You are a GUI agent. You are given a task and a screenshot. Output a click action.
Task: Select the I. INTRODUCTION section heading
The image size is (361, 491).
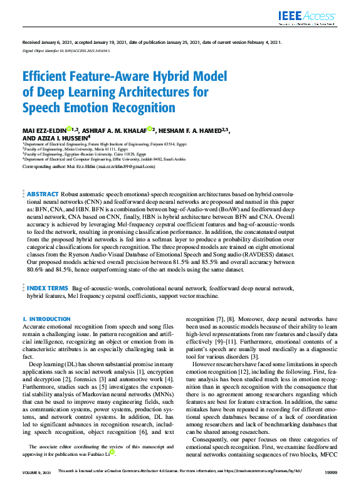tap(46, 319)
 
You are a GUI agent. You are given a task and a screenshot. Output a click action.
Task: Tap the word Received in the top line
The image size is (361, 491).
tap(31, 43)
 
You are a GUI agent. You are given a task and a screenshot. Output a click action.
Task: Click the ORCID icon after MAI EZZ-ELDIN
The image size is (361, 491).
tap(70, 129)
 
